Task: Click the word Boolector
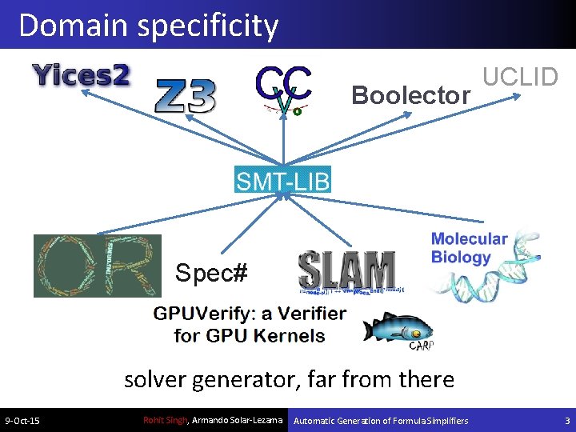click(x=410, y=96)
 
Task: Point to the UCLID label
click(x=520, y=77)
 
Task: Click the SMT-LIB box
click(x=282, y=180)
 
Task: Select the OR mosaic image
click(x=97, y=266)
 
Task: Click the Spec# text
click(x=211, y=274)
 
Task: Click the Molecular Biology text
click(x=470, y=248)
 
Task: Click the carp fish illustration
click(x=398, y=329)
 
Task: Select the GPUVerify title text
click(x=250, y=323)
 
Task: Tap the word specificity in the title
click(x=207, y=26)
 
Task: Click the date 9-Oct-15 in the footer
click(x=23, y=421)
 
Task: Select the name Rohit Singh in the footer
click(x=164, y=420)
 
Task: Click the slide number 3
click(x=567, y=421)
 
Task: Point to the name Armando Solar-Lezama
click(x=238, y=420)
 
